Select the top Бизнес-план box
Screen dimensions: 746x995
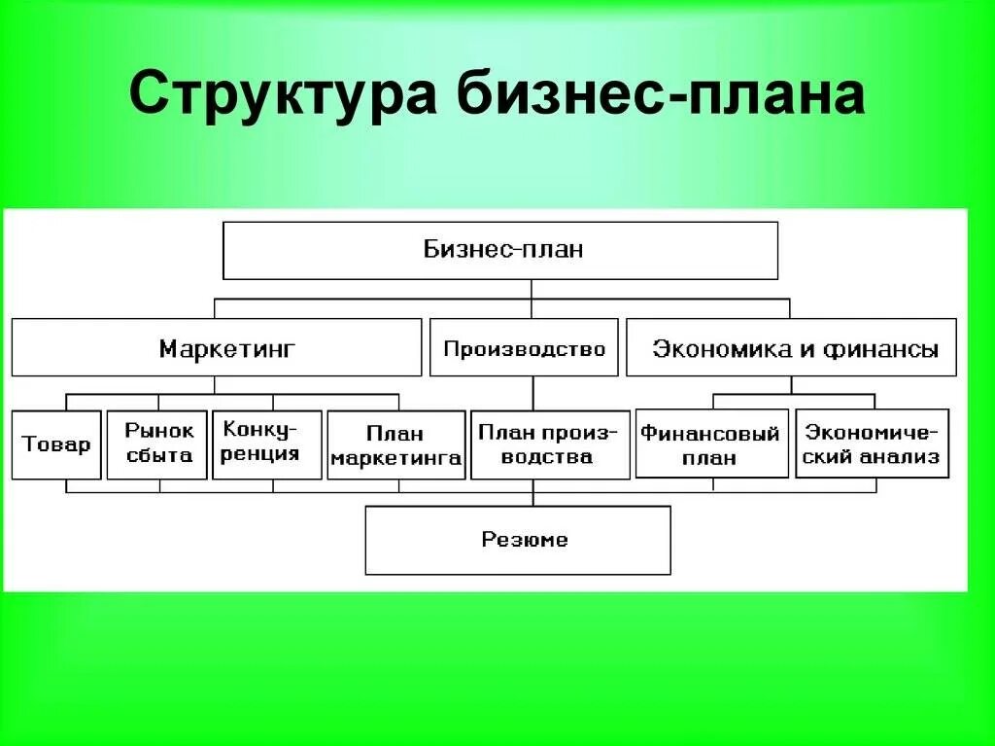tap(500, 250)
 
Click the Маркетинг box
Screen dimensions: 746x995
tap(217, 347)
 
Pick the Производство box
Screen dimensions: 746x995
tap(524, 347)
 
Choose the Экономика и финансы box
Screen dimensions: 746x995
tap(791, 347)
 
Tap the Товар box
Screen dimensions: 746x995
tap(56, 444)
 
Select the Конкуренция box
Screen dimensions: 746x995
tap(266, 444)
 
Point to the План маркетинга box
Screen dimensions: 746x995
tap(395, 445)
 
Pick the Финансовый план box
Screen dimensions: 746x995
tap(711, 444)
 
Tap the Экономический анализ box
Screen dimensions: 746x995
tap(872, 444)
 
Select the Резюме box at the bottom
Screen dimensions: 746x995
tap(518, 540)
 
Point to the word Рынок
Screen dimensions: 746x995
tap(159, 430)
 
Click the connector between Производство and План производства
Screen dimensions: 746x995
tap(532, 393)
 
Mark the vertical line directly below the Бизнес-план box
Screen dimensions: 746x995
tap(532, 289)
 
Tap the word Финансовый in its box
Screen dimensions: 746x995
tap(710, 434)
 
